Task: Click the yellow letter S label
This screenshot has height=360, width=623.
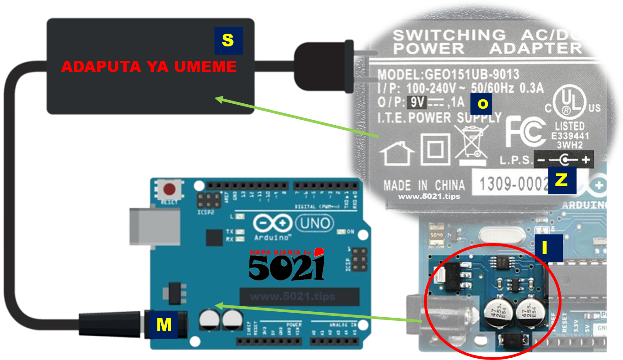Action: pos(228,41)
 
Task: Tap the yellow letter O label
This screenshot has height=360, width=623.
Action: pos(482,104)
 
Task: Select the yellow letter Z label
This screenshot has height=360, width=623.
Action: pos(562,180)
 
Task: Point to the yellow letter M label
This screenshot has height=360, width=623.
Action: pos(164,325)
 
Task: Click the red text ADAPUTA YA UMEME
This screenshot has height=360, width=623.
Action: pos(149,67)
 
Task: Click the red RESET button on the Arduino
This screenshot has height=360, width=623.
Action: pos(169,189)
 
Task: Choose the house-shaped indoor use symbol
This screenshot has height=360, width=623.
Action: pos(397,153)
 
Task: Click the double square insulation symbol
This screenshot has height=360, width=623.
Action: pos(435,149)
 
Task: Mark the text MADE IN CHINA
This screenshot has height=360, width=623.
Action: pos(424,185)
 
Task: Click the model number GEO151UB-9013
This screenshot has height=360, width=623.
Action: pos(472,75)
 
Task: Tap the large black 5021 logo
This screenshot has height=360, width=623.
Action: pos(286,268)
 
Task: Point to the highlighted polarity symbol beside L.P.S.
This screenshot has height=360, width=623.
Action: pos(565,160)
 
